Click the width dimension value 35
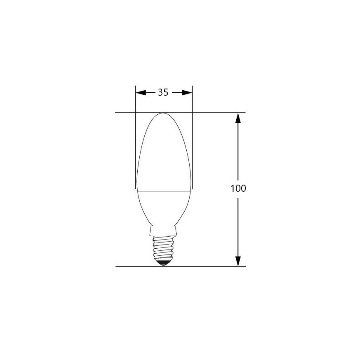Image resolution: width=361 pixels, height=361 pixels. tap(163, 93)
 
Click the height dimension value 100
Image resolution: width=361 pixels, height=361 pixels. tap(238, 188)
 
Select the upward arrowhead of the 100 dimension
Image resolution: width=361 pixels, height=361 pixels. tap(238, 118)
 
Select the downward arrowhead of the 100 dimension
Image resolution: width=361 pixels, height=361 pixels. tap(238, 260)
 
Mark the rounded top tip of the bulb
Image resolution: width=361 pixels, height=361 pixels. tap(164, 114)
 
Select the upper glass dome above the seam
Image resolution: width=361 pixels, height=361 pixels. tap(164, 154)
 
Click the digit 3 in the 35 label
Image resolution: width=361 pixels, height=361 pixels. tap(160, 93)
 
